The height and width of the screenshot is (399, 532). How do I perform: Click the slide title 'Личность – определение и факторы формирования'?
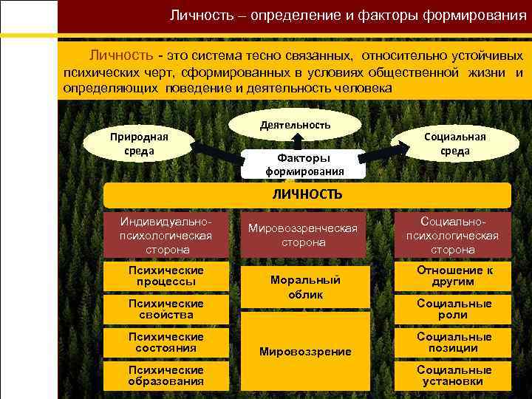(342, 16)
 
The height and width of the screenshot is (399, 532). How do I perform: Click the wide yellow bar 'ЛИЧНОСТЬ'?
(307, 194)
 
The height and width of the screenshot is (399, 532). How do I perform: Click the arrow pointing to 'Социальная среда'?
(386, 150)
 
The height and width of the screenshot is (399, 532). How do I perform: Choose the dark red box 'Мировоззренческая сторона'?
(307, 235)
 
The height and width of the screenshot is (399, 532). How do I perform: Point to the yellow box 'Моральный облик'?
(306, 287)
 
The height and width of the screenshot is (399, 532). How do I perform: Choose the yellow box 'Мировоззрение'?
(306, 351)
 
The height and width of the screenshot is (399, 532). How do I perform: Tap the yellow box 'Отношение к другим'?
(454, 276)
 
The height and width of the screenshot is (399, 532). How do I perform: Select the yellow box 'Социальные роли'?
(454, 309)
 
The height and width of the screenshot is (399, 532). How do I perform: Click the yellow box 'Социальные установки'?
(454, 375)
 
